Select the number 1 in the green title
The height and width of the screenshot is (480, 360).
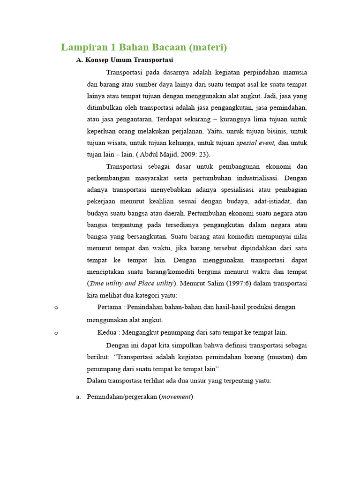[112, 47]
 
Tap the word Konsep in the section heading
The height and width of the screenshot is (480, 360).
[97, 60]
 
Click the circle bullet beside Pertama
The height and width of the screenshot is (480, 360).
[56, 307]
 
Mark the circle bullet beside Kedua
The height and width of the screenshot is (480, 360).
[56, 333]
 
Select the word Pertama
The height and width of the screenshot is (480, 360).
[109, 307]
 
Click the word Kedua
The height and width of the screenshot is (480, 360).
[107, 332]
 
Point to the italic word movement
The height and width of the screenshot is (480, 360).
[176, 397]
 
